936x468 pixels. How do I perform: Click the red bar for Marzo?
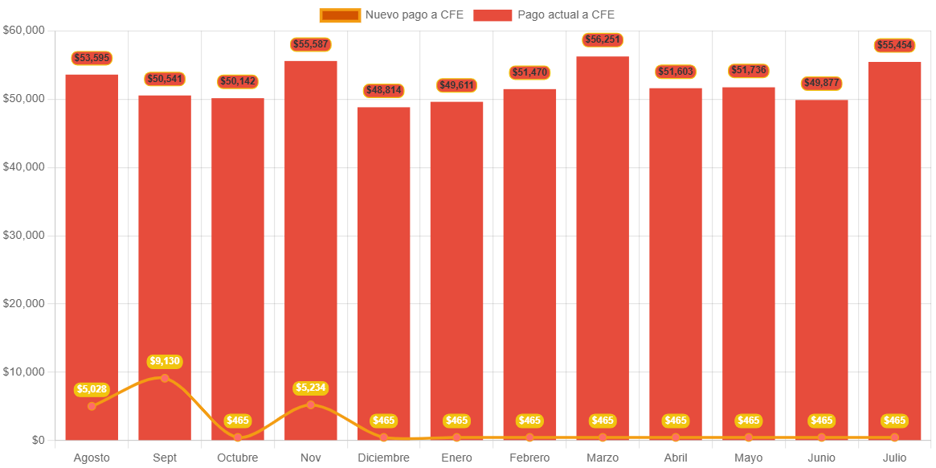click(603, 241)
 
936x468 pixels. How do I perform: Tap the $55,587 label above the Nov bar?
click(311, 44)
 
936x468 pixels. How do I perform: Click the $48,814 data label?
click(383, 91)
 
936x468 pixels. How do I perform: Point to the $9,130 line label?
click(165, 362)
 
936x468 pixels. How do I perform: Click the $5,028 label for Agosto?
click(92, 390)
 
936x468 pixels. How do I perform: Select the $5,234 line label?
click(311, 388)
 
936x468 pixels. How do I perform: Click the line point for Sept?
click(165, 378)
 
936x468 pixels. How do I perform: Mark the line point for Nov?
click(311, 404)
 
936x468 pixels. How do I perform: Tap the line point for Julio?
click(894, 437)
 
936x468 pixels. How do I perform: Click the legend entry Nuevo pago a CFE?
click(391, 14)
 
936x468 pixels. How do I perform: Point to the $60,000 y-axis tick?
click(24, 30)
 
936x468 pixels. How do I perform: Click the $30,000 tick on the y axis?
click(24, 235)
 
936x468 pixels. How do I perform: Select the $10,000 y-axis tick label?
click(24, 372)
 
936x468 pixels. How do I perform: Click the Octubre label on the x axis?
click(238, 458)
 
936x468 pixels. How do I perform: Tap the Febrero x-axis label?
click(529, 458)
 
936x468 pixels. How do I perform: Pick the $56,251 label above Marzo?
click(603, 40)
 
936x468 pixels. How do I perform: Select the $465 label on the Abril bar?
click(676, 421)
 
